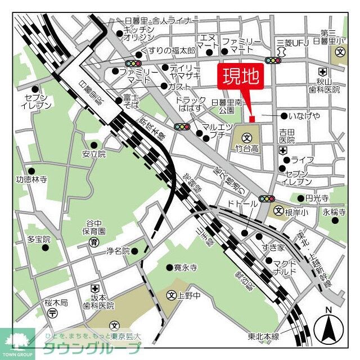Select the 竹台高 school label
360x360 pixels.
tap(247, 148)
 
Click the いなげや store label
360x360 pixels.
tap(304, 116)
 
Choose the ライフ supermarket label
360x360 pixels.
tap(302, 160)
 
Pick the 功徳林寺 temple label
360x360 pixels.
tap(31, 181)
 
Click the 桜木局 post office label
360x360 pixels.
tap(56, 303)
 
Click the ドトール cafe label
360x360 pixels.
tap(242, 202)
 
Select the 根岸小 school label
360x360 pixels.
tap(296, 212)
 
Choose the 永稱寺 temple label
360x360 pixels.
tap(333, 212)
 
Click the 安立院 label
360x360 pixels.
tap(93, 154)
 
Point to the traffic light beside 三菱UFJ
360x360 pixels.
tap(273, 60)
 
